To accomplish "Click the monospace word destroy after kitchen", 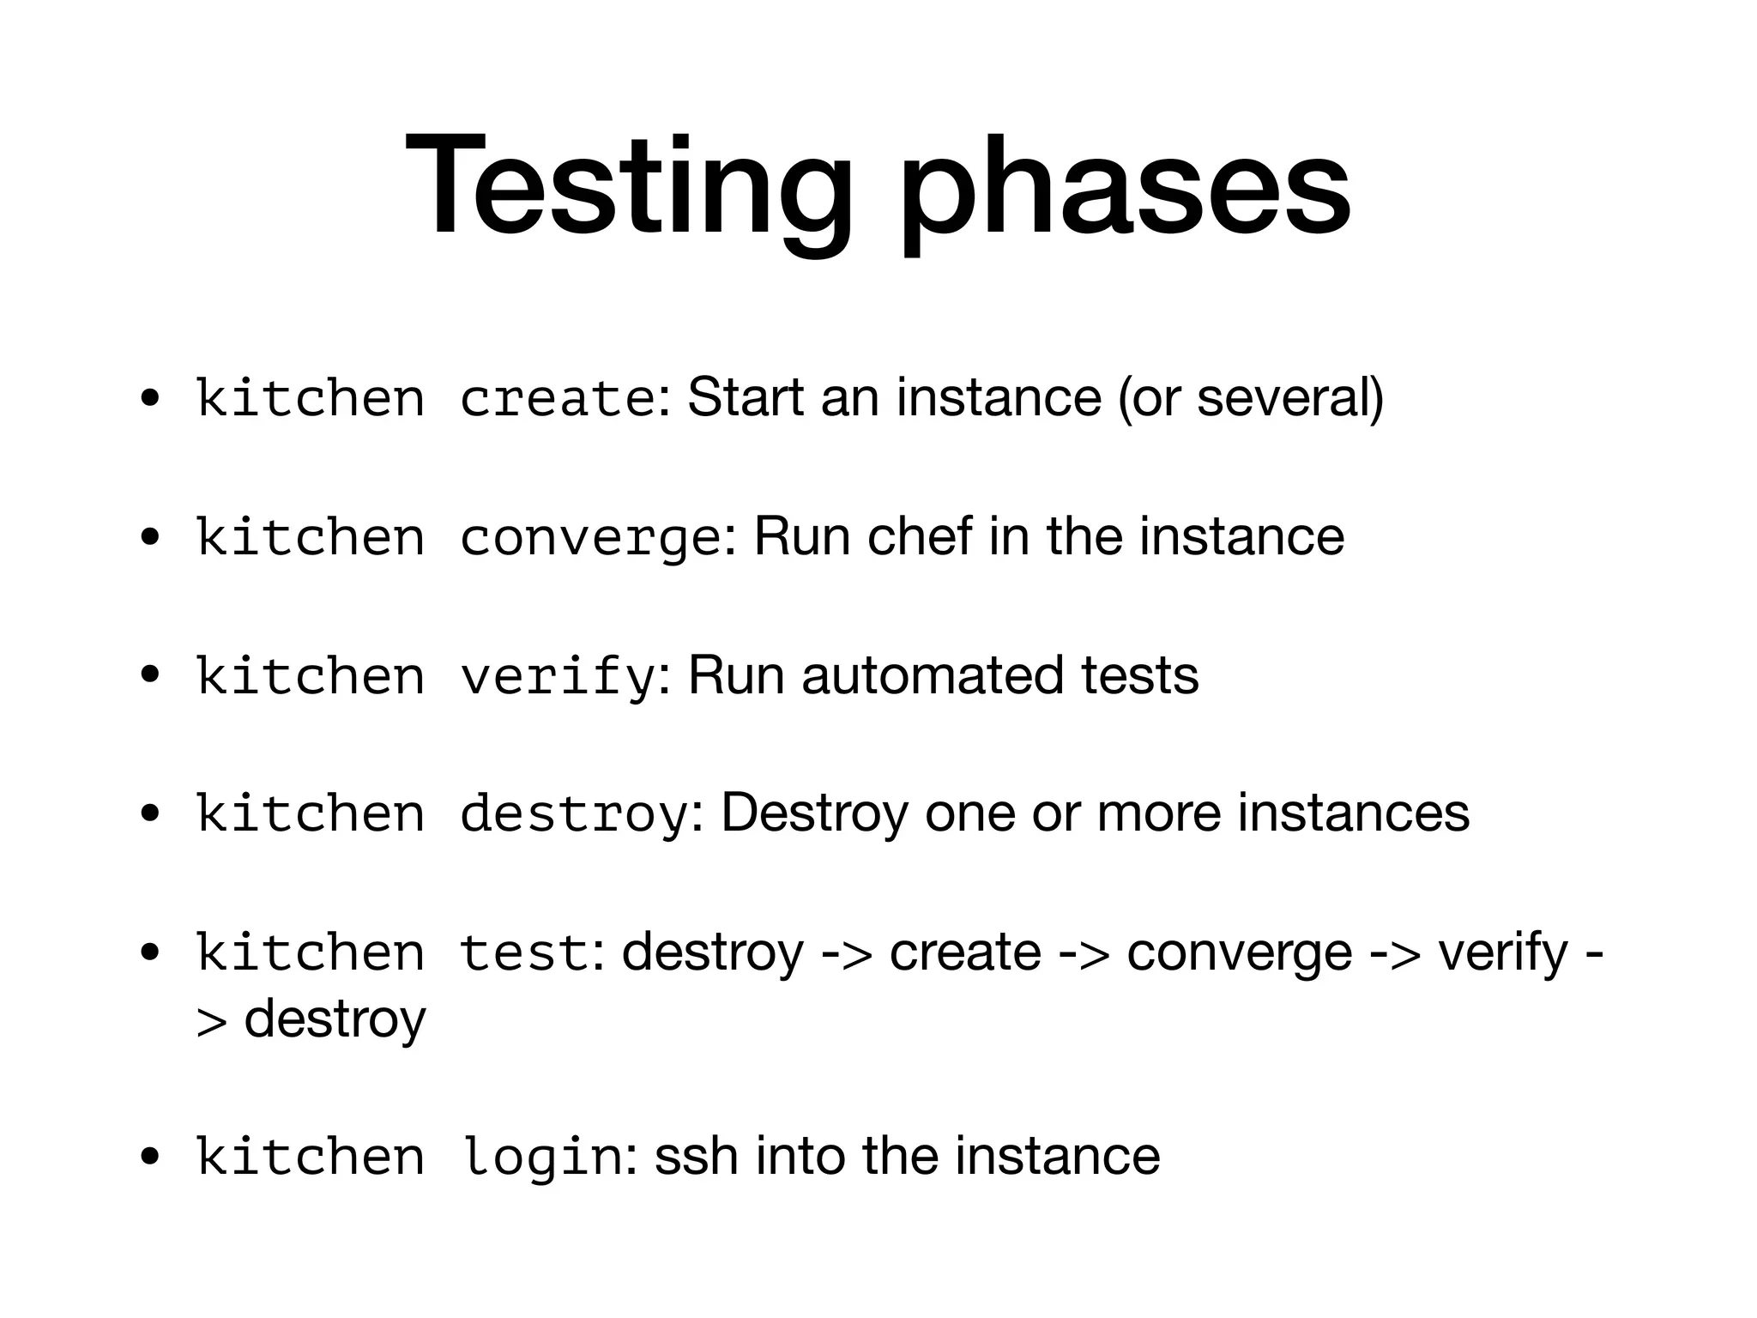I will pyautogui.click(x=574, y=813).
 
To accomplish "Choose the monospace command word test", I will pyautogui.click(x=524, y=952).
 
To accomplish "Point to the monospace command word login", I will pyautogui.click(x=541, y=1157).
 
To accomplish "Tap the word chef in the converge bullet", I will pyautogui.click(x=919, y=537).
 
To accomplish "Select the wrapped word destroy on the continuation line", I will pyautogui.click(x=335, y=1020).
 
